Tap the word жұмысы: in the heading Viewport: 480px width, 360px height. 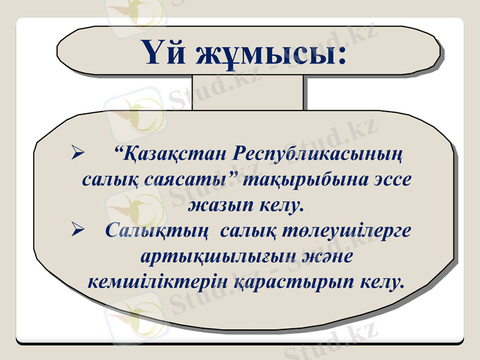(270, 53)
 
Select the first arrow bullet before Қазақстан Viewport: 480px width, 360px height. (76, 155)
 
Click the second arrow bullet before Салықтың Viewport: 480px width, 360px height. (76, 229)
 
